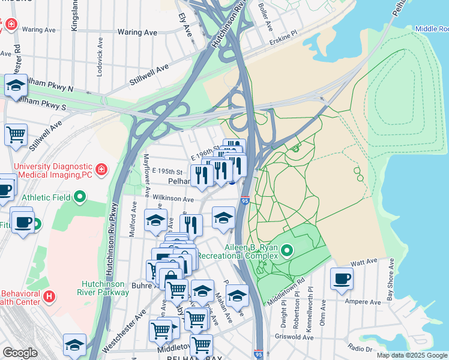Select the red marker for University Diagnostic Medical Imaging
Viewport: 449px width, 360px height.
tap(101, 170)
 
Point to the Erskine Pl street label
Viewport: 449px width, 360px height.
tap(283, 36)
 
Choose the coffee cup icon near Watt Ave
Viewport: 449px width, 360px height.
tap(342, 278)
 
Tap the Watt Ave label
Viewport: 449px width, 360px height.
tap(363, 262)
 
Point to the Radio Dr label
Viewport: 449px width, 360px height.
tap(360, 349)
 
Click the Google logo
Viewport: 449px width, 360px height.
tap(20, 353)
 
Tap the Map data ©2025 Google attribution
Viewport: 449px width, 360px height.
tap(412, 355)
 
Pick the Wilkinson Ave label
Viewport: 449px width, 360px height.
tap(173, 199)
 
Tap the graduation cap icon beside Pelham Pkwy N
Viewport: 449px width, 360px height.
tap(16, 86)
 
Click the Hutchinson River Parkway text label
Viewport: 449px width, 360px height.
tap(106, 288)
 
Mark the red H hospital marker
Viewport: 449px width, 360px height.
tap(49, 296)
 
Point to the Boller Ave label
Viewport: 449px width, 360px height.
tap(265, 17)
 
